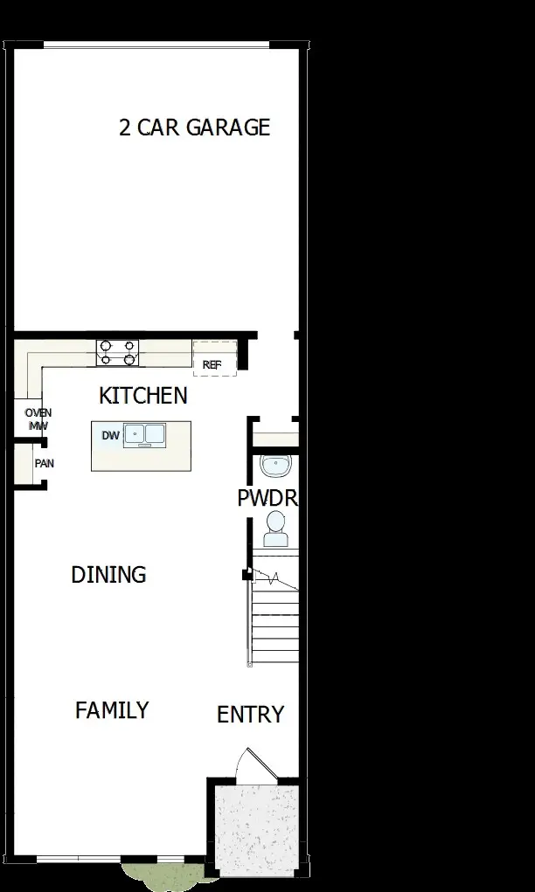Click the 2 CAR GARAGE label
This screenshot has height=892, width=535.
[194, 128]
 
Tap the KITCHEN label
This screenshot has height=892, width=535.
[142, 396]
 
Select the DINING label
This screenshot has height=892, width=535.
[108, 575]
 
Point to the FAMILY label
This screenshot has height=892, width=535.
[112, 710]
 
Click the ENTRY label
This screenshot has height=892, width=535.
[250, 715]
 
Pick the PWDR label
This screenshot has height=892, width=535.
[267, 499]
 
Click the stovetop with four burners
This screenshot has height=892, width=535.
[117, 352]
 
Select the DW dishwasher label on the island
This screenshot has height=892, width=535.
[109, 435]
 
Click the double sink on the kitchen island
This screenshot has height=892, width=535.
[145, 433]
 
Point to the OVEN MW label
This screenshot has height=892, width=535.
[38, 419]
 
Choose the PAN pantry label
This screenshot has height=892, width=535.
[44, 463]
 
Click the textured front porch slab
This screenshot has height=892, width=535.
[256, 826]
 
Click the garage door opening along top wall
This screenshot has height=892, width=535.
[157, 45]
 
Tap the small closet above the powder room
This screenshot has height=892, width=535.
[274, 436]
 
